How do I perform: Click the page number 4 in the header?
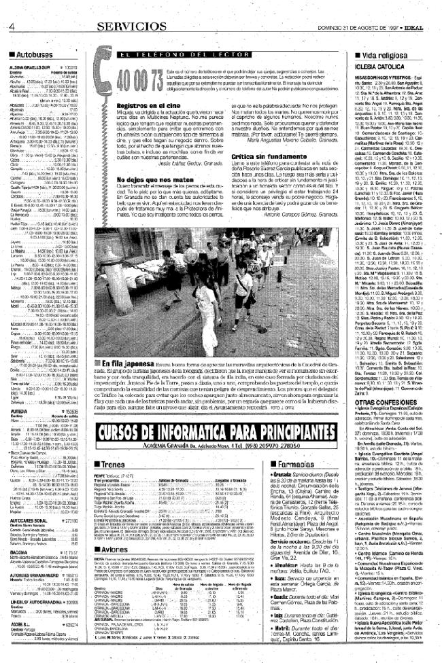coord(14,7)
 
